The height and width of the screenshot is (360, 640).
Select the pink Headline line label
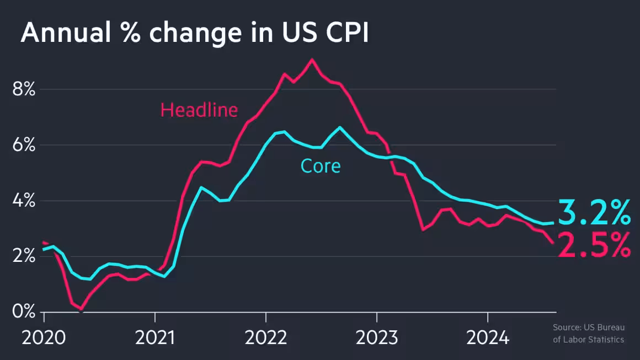coord(199,110)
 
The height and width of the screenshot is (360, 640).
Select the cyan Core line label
coord(320,165)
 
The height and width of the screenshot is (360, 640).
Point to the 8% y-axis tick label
coord(24,89)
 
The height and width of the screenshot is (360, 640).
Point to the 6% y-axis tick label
coord(24,146)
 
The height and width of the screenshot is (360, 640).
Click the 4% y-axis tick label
coord(24,201)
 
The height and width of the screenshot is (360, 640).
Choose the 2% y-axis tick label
coord(24,256)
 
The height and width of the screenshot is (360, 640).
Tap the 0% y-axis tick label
coord(24,312)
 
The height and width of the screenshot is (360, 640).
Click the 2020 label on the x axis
coord(44,337)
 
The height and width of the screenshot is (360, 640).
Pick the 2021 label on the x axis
coord(155,337)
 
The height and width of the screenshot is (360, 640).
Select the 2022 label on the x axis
coord(266,337)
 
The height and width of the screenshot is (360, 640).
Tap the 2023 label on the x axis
coord(377,337)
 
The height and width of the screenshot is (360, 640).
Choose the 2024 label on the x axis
coord(488,337)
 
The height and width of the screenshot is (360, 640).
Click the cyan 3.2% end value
coord(594,213)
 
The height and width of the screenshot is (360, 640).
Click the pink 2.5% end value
coord(594,245)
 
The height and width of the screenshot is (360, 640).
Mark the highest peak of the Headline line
coord(312,60)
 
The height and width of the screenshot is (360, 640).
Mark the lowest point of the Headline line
coord(81,309)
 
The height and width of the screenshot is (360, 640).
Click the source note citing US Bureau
coord(588,334)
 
